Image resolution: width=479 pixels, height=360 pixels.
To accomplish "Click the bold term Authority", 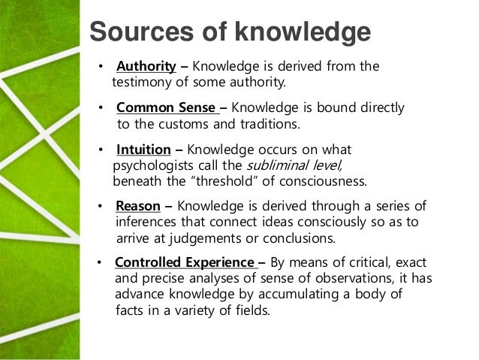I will pyautogui.click(x=146, y=67).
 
